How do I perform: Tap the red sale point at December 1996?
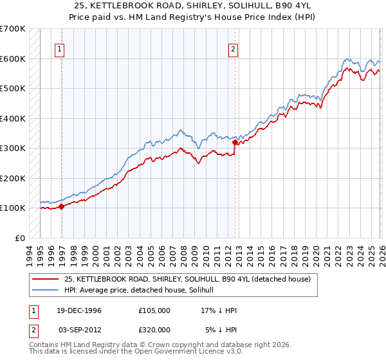62,206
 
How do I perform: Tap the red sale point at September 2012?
235,143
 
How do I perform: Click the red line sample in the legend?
46,279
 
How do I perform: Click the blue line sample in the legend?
46,290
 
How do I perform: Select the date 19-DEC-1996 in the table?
84,310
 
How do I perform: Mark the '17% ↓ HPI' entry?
219,310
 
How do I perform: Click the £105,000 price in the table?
154,310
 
